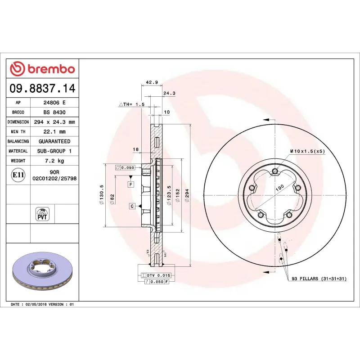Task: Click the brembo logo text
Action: pos(42,69)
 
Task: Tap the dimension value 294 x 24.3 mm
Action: pos(54,122)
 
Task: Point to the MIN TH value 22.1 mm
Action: pos(54,131)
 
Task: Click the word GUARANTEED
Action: pos(54,141)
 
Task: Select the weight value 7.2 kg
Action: pos(54,161)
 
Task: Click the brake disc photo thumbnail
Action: pos(43,273)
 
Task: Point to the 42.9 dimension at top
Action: pos(152,82)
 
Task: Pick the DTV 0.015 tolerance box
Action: pos(156,274)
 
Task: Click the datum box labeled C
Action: pos(132,206)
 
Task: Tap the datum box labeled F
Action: pos(130,184)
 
